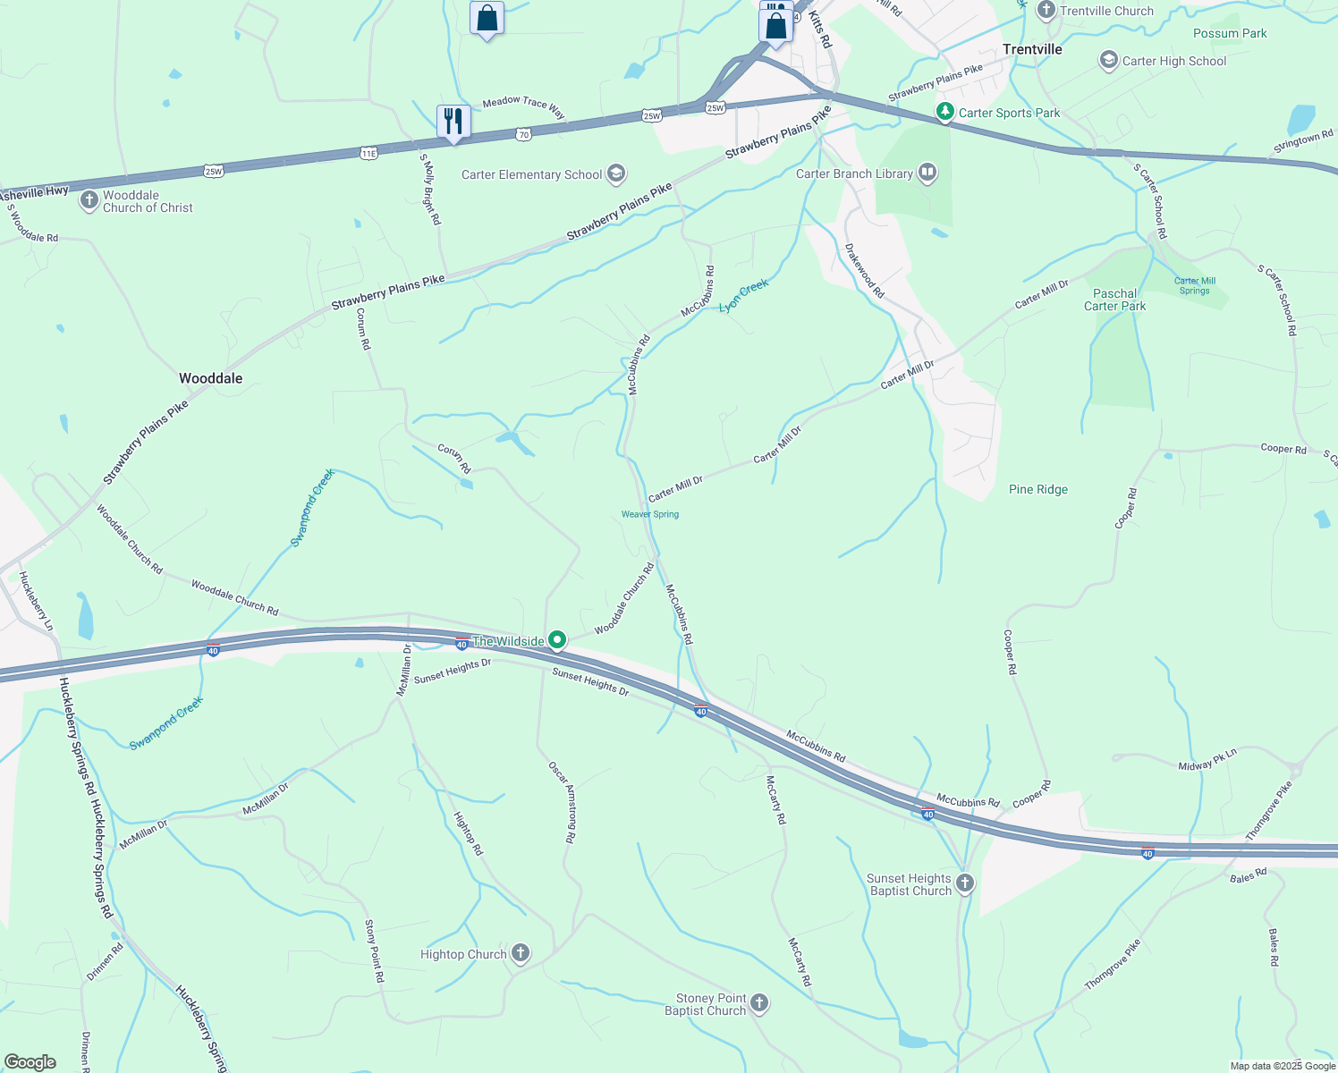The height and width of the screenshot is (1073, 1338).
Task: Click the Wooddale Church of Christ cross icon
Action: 89,200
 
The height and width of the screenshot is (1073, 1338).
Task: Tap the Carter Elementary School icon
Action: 615,173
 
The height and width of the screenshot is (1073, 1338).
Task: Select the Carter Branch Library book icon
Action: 927,173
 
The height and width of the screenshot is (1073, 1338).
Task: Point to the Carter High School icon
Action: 1109,60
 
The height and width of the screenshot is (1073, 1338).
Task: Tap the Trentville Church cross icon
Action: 1046,11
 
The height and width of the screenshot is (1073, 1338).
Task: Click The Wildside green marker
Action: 557,640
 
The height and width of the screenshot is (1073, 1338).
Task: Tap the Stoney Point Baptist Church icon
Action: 758,1003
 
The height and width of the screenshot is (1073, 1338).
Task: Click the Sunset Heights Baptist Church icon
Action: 964,883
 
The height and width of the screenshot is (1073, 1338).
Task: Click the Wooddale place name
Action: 210,378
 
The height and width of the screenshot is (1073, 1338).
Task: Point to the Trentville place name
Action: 1032,49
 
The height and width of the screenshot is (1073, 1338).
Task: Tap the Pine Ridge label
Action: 1037,489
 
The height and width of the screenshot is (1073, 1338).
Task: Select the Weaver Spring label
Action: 650,514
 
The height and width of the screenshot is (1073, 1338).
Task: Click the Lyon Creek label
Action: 743,295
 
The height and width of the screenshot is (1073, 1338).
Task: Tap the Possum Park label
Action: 1230,33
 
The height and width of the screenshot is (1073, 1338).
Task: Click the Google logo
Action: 30,1061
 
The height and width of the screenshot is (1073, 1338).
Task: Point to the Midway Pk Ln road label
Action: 1207,760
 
